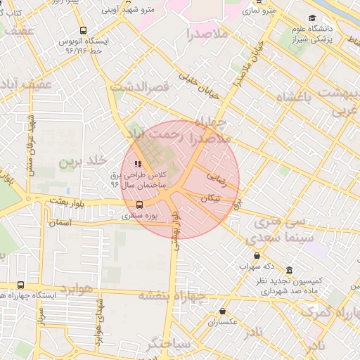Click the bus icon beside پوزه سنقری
(139, 205)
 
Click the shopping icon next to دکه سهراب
(254, 256)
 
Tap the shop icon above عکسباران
(223, 311)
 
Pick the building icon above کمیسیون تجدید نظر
(289, 271)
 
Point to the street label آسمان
(60, 222)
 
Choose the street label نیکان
(210, 199)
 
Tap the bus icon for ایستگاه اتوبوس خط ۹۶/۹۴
(84, 31)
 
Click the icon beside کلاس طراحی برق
(137, 165)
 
